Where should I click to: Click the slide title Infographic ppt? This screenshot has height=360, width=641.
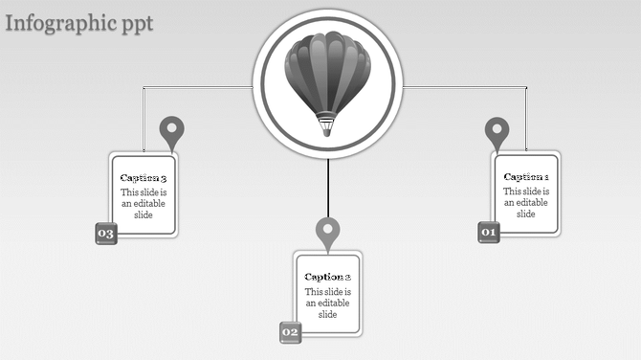[78, 23]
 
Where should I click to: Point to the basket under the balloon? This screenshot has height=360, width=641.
[327, 125]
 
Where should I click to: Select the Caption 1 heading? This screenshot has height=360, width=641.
[526, 176]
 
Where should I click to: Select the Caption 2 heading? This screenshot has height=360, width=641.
[328, 277]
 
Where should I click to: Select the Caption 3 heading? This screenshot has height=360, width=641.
[144, 178]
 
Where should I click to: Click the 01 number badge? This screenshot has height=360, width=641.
[489, 232]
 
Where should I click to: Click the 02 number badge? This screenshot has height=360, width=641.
[290, 332]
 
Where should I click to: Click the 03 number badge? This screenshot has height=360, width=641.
[105, 234]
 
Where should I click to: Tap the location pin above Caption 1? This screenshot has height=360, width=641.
[497, 130]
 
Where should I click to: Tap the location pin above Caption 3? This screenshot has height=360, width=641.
[171, 130]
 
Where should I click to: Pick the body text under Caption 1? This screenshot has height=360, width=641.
[526, 202]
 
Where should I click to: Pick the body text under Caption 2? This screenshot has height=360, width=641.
[328, 303]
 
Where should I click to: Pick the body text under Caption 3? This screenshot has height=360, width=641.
[144, 203]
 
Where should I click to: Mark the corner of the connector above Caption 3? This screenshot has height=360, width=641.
[144, 88]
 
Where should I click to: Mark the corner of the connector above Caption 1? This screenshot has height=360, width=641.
[526, 88]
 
